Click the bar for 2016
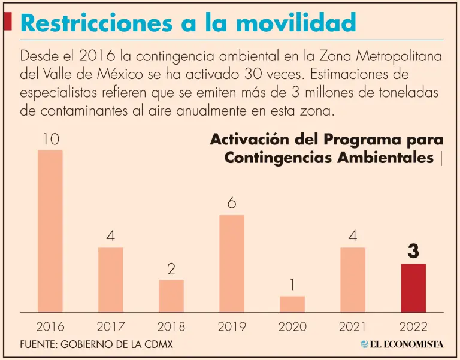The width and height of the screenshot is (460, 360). click(x=50, y=231)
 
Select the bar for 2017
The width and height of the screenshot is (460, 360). click(x=111, y=279)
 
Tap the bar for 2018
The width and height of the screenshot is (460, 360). click(x=171, y=295)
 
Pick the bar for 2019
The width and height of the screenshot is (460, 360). click(x=232, y=263)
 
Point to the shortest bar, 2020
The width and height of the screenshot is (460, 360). click(x=292, y=304)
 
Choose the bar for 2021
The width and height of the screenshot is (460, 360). click(x=353, y=279)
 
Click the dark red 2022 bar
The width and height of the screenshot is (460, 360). click(x=413, y=288)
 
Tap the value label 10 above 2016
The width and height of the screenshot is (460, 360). click(x=50, y=139)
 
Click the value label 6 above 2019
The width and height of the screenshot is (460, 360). click(x=232, y=204)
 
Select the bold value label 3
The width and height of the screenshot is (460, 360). click(x=413, y=252)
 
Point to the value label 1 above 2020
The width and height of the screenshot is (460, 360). click(x=292, y=285)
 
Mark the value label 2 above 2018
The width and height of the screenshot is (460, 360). click(x=171, y=269)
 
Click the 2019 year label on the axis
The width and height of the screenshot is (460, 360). click(x=232, y=327)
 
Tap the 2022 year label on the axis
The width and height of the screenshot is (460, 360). click(x=413, y=327)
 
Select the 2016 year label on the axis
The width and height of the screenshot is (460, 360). click(x=50, y=327)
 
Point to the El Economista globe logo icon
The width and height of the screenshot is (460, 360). click(x=365, y=344)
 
